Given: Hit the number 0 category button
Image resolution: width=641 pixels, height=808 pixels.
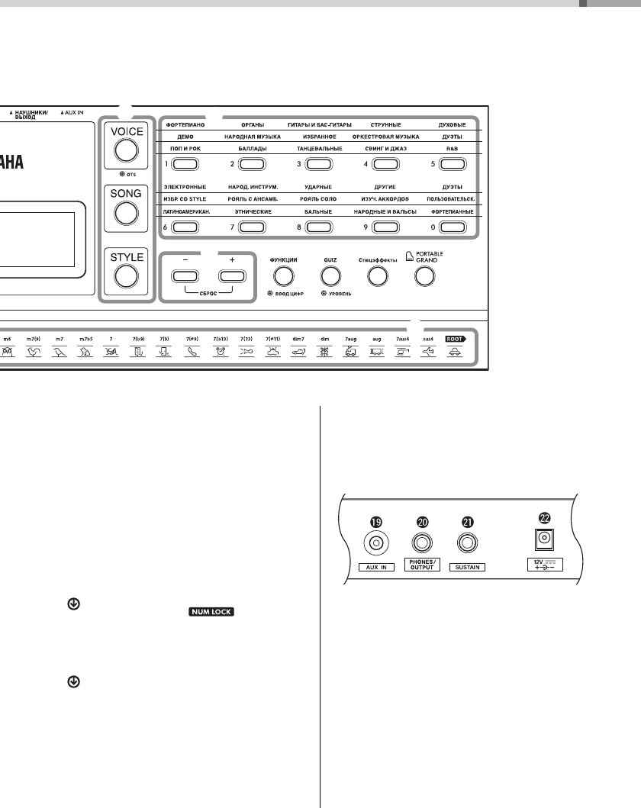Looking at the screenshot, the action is tap(452, 227).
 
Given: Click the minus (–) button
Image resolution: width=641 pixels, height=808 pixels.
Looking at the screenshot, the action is tap(186, 277).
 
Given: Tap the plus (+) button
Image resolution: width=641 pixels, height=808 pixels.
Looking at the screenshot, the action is tap(232, 277).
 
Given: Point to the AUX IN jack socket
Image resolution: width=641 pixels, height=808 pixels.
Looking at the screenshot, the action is tap(375, 544).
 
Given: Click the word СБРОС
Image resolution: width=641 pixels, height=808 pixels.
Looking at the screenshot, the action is tap(208, 293).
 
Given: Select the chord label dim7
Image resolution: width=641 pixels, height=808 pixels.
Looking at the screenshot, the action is tap(298, 336).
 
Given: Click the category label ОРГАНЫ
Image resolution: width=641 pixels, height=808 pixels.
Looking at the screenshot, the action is tap(252, 124).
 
